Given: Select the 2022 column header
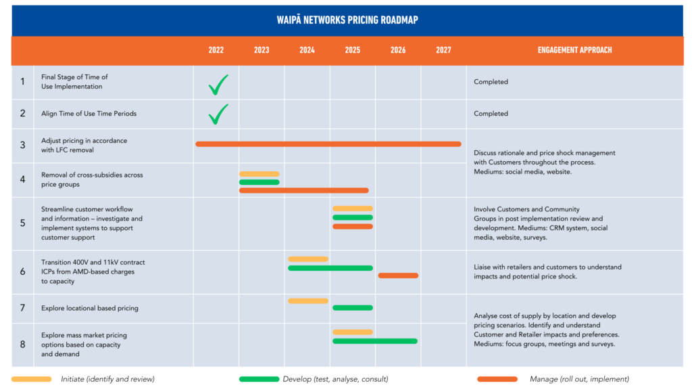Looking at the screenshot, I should [216, 50].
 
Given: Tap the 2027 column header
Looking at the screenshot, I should [443, 50].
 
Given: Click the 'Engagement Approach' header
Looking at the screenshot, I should [574, 50].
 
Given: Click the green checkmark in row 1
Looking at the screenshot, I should [218, 85].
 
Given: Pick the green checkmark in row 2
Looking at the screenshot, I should [218, 114].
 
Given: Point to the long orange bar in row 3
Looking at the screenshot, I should [328, 144].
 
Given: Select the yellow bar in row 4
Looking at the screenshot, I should [259, 174].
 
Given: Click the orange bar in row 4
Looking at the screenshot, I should [303, 190].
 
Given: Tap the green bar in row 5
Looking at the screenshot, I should [352, 217].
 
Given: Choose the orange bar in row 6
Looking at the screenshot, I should [398, 276].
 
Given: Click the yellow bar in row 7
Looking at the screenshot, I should [307, 301].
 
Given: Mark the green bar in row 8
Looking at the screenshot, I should [374, 341].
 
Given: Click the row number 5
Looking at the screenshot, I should [22, 223].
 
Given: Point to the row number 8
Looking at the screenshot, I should [22, 344].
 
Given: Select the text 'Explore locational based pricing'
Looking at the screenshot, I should [89, 308].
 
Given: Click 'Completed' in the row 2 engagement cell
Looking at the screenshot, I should [491, 114].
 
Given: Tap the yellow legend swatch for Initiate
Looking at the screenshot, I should [31, 379].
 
